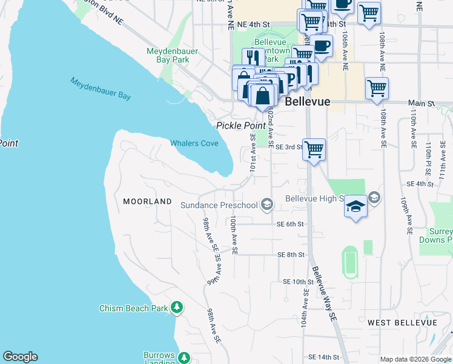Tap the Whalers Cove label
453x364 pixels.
(194, 144)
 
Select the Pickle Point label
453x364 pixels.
(234, 125)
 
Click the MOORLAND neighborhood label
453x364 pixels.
(147, 201)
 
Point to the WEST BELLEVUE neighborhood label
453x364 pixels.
(402, 322)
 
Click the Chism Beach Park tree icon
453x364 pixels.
(177, 308)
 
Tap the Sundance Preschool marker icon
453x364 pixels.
(266, 205)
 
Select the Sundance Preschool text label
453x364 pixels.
(219, 205)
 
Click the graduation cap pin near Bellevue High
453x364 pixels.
(356, 207)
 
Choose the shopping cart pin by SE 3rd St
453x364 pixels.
(314, 149)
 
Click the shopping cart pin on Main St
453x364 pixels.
(377, 89)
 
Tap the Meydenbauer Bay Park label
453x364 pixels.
(173, 55)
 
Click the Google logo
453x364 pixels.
(20, 357)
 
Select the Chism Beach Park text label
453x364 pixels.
(133, 308)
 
